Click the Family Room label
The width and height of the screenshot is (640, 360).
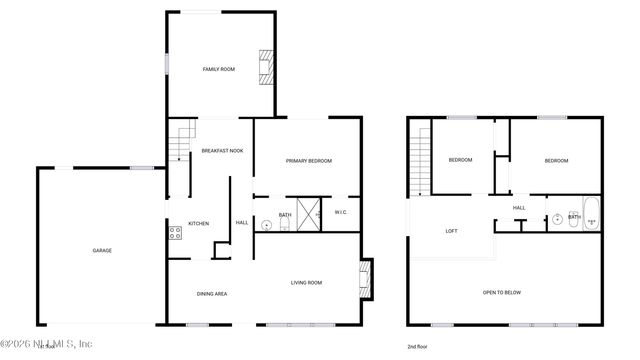click(219, 70)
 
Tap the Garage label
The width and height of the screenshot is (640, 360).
click(102, 250)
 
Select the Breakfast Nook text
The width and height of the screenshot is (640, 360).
click(222, 151)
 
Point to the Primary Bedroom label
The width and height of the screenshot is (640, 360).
click(308, 161)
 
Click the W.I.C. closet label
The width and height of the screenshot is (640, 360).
click(341, 214)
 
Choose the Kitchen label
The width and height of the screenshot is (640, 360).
click(199, 223)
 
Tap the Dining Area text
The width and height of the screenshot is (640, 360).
click(211, 293)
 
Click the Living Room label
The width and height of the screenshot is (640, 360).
click(306, 283)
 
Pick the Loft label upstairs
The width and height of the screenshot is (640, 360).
click(451, 231)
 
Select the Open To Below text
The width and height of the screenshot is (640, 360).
click(502, 292)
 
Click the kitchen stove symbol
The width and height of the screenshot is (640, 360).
click(175, 234)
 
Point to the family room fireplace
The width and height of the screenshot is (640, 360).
click(265, 67)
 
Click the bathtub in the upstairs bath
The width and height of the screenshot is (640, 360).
click(590, 215)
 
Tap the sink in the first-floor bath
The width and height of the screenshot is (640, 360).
click(266, 226)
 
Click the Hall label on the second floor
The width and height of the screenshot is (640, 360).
click(519, 208)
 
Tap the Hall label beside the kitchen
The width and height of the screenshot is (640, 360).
click(241, 222)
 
